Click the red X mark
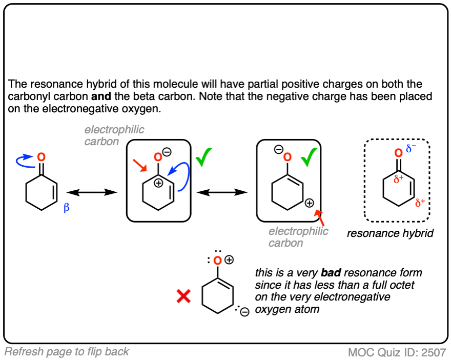pos(184,296)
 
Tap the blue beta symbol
pos(66,208)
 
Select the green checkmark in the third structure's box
pos(309,157)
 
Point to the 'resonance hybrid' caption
pos(389,233)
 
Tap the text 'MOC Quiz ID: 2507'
pos(397,353)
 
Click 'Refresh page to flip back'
pos(67,352)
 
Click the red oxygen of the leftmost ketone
pos(42,157)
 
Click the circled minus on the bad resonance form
pos(244,312)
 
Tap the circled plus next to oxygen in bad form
pos(229,261)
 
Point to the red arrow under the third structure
pos(321,217)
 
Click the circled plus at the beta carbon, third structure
pos(309,203)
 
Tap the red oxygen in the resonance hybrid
pos(398,153)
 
